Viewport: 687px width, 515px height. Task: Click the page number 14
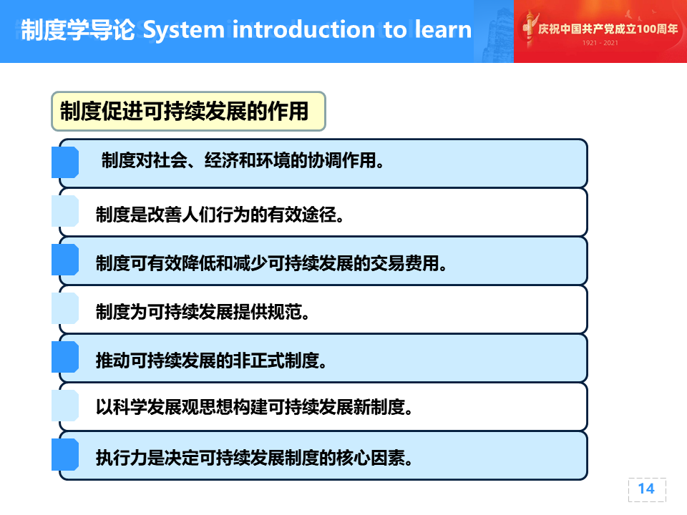646,489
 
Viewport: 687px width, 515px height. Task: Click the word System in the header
184,31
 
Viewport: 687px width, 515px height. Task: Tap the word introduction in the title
303,29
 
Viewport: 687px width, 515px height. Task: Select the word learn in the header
443,29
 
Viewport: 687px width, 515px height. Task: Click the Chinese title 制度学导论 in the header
78,30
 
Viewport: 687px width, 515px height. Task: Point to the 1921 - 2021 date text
600,43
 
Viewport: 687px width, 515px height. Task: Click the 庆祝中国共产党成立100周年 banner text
608,29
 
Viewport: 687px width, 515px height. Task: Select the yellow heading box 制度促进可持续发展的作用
188,112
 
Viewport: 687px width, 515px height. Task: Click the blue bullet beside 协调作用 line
65,162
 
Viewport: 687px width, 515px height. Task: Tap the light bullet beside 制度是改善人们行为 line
65,211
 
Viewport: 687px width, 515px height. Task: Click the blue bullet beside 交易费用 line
65,260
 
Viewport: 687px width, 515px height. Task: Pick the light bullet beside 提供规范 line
65,308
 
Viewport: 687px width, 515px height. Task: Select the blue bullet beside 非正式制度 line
65,357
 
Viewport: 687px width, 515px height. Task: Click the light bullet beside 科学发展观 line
65,406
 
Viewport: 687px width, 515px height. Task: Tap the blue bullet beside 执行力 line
65,455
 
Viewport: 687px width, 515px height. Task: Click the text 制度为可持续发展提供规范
203,312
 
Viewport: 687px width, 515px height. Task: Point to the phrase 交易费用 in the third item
404,263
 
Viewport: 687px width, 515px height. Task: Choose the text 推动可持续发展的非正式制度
211,360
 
